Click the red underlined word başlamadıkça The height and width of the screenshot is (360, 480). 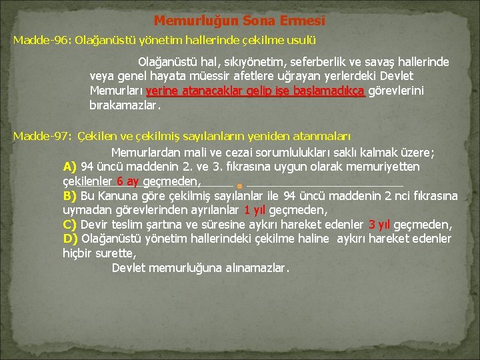point(331,91)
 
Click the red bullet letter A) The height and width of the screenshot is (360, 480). point(70,167)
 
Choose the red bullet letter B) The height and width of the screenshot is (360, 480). point(70,196)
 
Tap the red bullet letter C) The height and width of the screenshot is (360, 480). point(70,225)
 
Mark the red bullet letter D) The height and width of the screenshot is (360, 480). point(70,239)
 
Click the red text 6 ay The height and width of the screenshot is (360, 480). point(127,181)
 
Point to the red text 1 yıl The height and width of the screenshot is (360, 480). point(255,210)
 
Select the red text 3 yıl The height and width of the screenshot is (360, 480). point(379,225)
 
